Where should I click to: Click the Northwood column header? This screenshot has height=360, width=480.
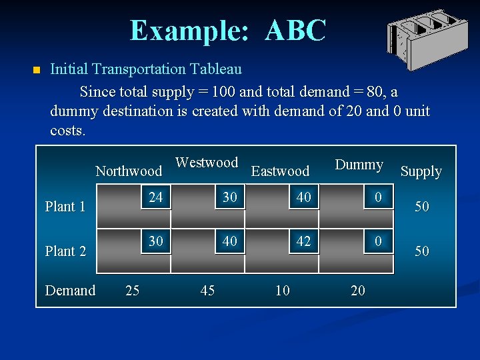point(129,171)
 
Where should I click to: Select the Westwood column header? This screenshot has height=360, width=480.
point(207,163)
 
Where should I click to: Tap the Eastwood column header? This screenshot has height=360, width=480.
point(280,171)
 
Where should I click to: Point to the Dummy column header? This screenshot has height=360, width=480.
point(359,165)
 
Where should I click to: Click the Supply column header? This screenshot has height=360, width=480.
point(421,171)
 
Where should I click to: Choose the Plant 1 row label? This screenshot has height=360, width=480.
point(65,207)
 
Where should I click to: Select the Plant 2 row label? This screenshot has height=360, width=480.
point(65,251)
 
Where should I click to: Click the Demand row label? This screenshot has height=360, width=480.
point(70,290)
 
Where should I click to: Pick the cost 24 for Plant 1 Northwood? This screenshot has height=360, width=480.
point(156,197)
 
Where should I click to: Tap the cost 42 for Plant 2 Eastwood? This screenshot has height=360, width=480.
point(303,241)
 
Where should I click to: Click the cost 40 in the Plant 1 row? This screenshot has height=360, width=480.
point(303,197)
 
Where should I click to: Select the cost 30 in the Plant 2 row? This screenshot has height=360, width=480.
point(156,241)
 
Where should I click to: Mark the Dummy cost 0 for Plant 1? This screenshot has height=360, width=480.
point(377,197)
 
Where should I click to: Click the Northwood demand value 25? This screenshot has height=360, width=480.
point(133,290)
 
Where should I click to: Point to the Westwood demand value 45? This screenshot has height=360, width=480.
point(207,290)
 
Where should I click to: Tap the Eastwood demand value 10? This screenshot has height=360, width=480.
point(283,290)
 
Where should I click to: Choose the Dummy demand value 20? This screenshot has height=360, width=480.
point(358,290)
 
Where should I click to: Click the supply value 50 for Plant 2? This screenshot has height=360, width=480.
point(422,251)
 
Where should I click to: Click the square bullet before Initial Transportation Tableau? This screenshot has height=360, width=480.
point(36,70)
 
